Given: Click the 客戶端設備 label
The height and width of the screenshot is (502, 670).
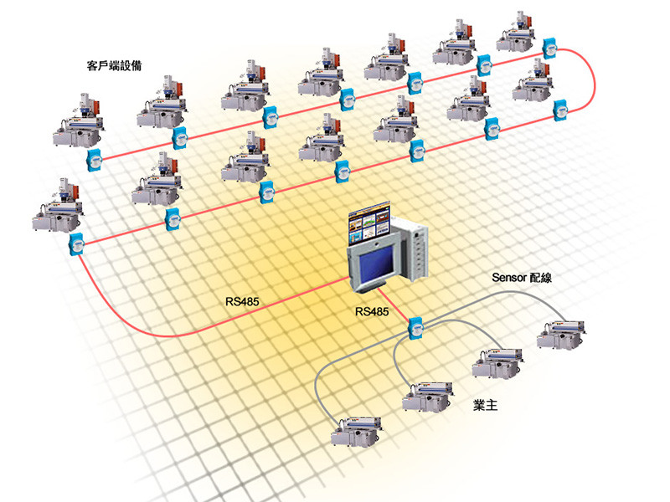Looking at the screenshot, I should click(x=112, y=64).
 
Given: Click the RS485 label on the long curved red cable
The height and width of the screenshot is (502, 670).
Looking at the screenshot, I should click(x=242, y=301).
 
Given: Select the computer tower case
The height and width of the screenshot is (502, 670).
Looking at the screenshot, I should click(x=412, y=250).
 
